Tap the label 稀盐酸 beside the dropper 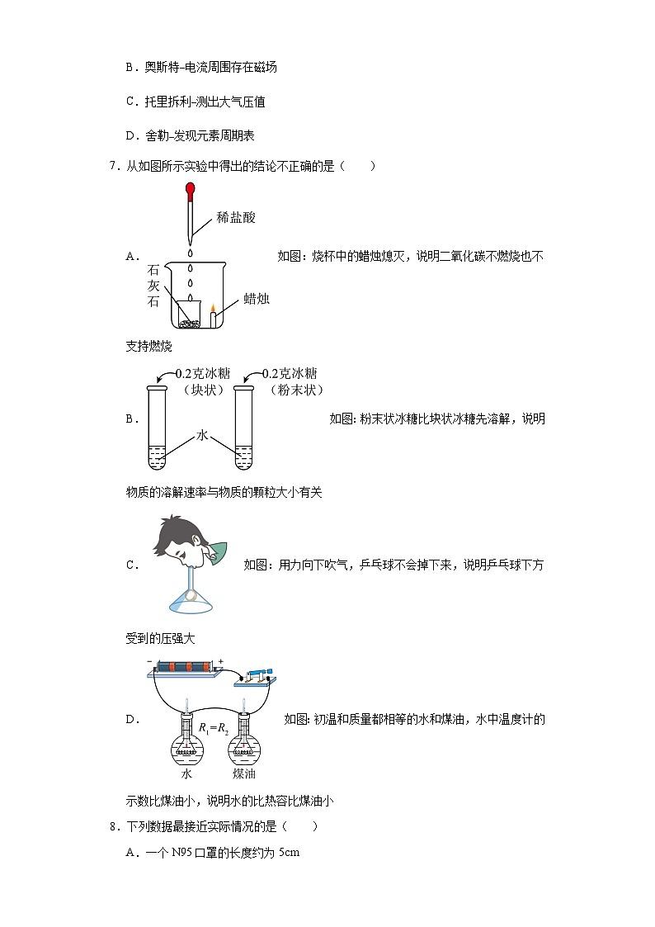pos(236,218)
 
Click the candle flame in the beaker pos(213,310)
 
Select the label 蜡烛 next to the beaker pos(257,299)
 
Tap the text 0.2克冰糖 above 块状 pos(200,374)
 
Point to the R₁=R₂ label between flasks pos(213,729)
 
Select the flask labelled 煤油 pos(243,743)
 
